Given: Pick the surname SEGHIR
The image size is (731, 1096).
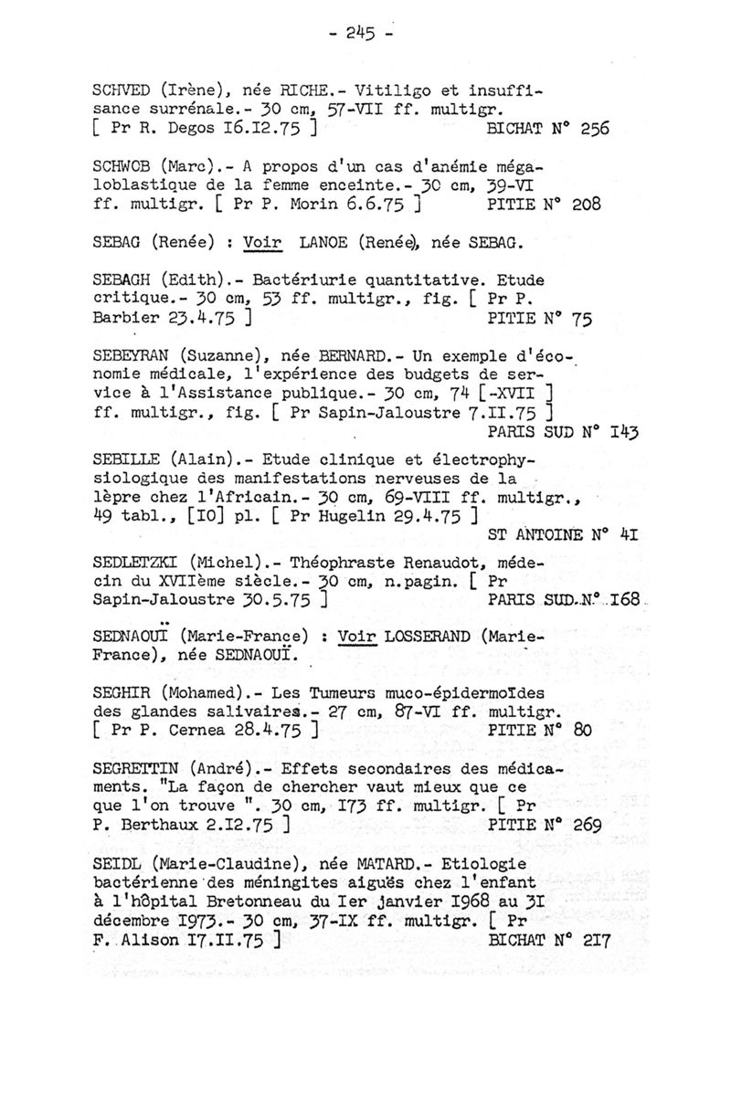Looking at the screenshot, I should tap(124, 693).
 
